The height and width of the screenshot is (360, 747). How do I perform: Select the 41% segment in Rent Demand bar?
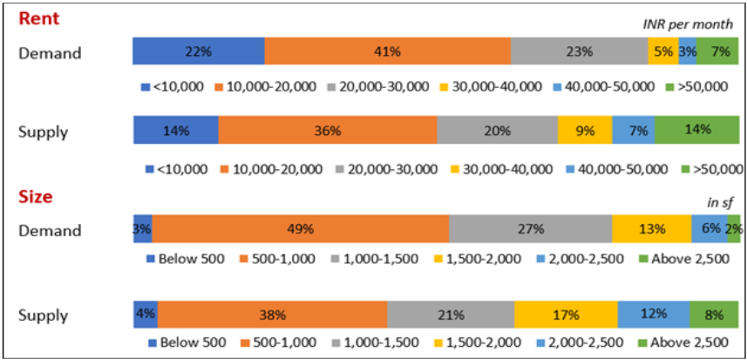click(x=387, y=51)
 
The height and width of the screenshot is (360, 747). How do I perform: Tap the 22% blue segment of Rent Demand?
click(x=198, y=51)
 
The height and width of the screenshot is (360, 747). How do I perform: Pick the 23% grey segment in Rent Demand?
click(x=579, y=51)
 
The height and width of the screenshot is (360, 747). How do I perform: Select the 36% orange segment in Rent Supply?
click(x=327, y=130)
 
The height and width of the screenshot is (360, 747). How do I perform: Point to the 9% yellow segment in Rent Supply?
click(x=585, y=130)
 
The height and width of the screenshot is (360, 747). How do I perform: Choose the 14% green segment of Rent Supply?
click(x=697, y=130)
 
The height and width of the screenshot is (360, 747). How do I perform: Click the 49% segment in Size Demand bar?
click(x=300, y=229)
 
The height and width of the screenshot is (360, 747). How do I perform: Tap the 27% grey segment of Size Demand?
click(x=530, y=229)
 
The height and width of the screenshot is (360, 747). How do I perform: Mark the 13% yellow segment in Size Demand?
click(x=651, y=229)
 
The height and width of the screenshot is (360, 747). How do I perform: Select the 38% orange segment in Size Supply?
click(x=272, y=314)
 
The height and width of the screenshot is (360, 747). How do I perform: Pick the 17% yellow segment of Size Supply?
click(x=566, y=314)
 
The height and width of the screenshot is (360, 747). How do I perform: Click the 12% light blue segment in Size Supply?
click(x=654, y=314)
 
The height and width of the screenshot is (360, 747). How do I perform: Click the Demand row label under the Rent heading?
click(x=50, y=53)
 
